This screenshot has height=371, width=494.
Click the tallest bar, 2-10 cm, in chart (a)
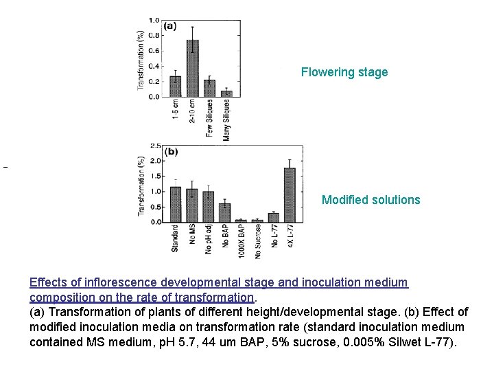193,69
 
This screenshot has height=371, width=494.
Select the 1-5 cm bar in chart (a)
176,87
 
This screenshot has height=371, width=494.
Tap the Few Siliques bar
209,89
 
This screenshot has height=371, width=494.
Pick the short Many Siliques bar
226,93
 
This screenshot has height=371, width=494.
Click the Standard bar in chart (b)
175,204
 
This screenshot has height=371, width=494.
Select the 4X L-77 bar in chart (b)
290,195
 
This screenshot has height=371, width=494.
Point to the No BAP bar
224,213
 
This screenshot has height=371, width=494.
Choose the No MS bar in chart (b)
191,205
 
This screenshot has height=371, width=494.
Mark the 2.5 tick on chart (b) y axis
155,146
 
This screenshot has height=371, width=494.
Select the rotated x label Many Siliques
226,120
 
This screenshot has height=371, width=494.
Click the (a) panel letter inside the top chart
169,27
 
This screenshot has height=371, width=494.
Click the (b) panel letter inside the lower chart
172,152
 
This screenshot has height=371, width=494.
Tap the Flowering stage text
344,72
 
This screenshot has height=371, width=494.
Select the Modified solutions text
371,200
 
